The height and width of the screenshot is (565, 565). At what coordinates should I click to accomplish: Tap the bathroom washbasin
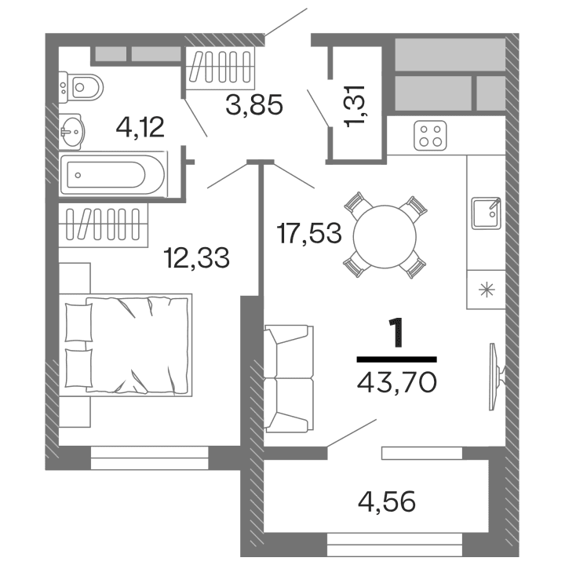tap(73, 130)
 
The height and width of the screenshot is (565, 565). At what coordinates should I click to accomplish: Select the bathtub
tap(113, 174)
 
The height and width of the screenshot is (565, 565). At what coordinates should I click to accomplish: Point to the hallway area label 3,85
tap(253, 104)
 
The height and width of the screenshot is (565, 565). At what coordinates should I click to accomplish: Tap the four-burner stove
tap(431, 137)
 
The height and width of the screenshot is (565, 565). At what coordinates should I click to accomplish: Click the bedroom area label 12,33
tap(196, 257)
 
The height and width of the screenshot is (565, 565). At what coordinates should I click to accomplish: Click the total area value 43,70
tap(396, 382)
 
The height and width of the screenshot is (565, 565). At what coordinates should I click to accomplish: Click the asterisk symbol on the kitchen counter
tap(487, 290)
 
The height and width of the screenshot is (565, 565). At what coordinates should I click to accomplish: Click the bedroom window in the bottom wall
tap(150, 457)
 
